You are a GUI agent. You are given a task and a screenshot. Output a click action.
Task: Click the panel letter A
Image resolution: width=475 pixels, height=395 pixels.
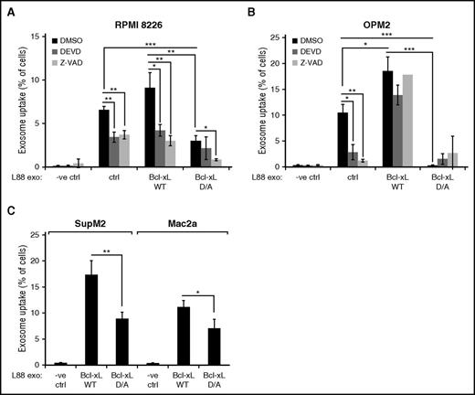pyautogui.click(x=9, y=8)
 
